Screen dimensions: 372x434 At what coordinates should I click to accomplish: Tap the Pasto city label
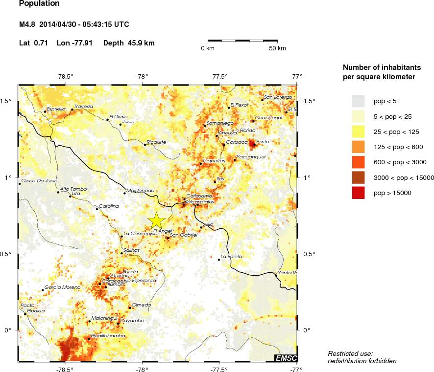point(263,142)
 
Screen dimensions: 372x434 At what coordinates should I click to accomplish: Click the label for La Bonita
point(232,256)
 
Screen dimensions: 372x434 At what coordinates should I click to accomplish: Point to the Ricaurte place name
point(157,142)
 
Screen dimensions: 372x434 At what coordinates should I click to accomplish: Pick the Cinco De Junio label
point(40,180)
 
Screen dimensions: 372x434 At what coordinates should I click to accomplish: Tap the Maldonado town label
point(141,190)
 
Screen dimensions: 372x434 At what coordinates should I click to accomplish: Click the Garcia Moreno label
point(62,287)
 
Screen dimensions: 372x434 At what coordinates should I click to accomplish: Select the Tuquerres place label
point(214,160)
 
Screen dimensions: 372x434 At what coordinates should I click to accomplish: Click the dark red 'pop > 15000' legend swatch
point(359,193)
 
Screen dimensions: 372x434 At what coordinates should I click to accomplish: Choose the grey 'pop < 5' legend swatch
point(359,101)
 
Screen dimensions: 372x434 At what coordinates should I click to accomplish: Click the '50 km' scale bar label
point(277,48)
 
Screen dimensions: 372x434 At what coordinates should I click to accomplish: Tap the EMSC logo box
point(286,358)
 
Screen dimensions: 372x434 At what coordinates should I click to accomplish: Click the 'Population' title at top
point(39,4)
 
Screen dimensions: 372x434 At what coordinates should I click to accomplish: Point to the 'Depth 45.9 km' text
point(129,43)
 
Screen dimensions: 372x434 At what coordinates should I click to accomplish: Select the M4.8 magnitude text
point(27,24)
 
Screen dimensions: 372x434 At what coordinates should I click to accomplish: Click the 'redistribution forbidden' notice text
point(362,361)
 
